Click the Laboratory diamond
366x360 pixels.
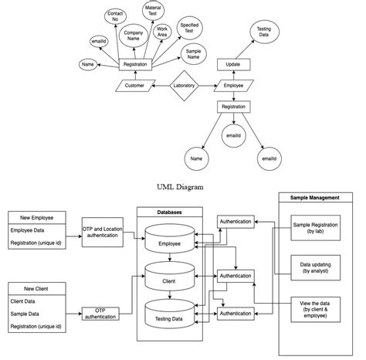(x=184, y=85)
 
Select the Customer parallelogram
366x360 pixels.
(x=134, y=86)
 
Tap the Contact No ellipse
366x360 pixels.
(x=116, y=17)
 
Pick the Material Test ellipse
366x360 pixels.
(x=153, y=12)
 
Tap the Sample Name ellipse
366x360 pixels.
(x=193, y=53)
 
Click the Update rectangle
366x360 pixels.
(x=232, y=64)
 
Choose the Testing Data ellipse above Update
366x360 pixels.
(x=263, y=33)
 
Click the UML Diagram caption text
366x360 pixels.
(x=182, y=186)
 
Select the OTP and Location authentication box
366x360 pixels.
(x=101, y=231)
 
